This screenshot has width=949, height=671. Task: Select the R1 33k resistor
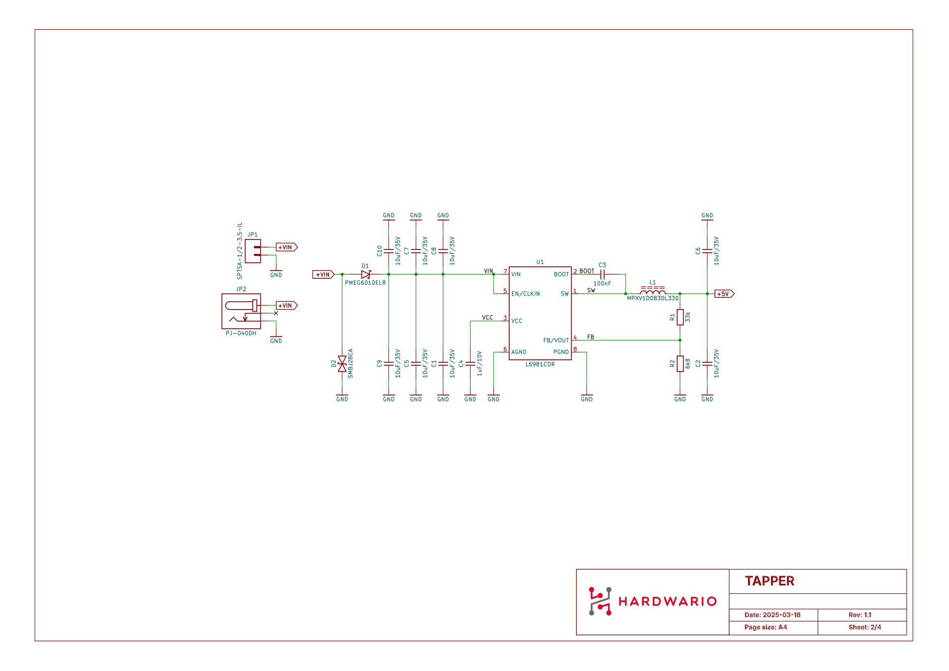[x=680, y=317]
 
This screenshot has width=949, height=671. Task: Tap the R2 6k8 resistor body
[x=680, y=363]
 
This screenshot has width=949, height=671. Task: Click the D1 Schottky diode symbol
[x=366, y=274]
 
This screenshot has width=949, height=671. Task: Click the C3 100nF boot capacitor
[x=602, y=274]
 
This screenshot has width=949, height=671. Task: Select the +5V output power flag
[x=724, y=294]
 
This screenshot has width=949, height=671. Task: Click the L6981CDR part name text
[x=540, y=364]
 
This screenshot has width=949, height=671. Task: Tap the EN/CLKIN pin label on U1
[x=525, y=294]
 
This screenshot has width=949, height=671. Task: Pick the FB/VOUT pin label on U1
[x=556, y=340]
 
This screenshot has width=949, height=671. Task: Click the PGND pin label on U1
[x=561, y=352]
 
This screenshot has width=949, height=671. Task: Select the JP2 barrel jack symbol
[x=241, y=311]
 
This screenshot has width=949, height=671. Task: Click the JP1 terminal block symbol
[x=253, y=251]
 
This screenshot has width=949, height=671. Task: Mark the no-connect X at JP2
[x=276, y=313]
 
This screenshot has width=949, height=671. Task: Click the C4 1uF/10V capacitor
[x=470, y=363]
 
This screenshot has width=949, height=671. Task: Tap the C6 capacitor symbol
[x=707, y=251]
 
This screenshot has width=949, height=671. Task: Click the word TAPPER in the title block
[x=769, y=581]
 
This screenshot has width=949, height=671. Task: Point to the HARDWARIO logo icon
[x=600, y=601]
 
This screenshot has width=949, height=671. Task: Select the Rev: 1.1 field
[x=860, y=615]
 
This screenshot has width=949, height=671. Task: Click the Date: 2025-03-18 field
[x=772, y=615]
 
